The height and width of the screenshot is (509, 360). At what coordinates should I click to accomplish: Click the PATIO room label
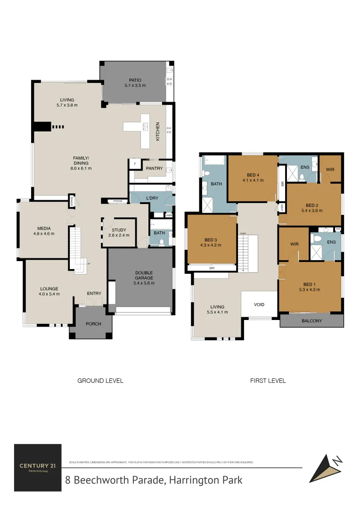point(135,80)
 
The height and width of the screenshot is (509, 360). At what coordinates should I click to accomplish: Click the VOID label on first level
point(259,304)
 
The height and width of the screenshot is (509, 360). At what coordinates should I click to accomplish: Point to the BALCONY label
point(311,321)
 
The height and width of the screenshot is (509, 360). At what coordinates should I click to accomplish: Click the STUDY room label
point(119,230)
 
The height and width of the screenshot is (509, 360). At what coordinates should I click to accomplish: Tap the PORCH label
point(93,324)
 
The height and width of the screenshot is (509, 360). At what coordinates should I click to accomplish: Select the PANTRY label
point(154,168)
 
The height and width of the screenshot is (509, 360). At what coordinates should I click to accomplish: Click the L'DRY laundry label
point(152,198)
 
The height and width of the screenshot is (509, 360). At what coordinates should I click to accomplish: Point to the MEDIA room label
point(44,229)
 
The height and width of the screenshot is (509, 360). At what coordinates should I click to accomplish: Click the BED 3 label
point(211,239)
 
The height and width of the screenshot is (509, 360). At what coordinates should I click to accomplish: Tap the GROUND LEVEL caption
point(100,380)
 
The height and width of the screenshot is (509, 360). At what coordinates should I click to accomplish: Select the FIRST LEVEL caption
point(268,380)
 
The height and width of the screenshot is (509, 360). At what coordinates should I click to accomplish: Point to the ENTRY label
point(94,294)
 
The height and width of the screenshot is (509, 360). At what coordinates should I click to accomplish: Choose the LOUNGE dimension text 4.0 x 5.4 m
point(49,294)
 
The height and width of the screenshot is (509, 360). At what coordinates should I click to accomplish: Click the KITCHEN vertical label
point(158,131)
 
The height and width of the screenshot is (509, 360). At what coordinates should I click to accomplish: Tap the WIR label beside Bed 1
point(295,244)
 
